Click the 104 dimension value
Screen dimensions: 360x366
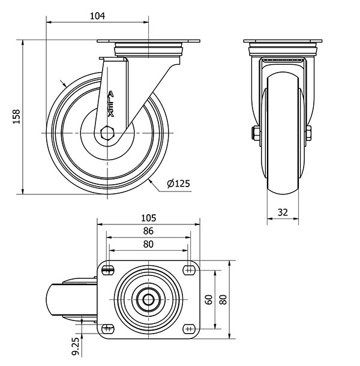97,16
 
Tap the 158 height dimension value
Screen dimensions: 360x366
17,116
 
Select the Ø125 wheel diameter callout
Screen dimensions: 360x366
179,184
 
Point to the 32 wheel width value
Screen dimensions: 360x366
283,212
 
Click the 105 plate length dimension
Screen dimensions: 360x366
148,218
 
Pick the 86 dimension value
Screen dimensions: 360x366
148,231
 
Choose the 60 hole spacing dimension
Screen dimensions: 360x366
209,300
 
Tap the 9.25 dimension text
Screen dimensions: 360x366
76,346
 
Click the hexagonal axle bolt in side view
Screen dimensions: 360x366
107,133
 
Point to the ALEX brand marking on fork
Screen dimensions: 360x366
110,104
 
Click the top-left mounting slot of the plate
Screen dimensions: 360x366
107,271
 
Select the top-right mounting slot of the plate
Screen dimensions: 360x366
190,271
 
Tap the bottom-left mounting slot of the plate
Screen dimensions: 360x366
107,329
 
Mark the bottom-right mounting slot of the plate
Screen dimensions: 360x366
190,329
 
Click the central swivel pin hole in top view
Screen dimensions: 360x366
148,300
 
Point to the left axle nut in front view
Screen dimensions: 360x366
256,133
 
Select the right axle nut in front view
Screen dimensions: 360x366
308,133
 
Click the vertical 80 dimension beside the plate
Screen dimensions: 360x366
223,300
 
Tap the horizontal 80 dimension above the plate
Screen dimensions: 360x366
148,244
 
